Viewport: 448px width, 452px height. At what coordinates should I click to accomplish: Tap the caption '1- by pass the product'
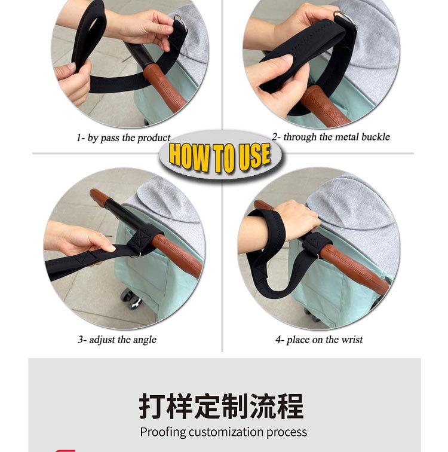point(124,138)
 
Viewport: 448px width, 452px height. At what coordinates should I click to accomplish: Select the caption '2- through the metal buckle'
point(330,137)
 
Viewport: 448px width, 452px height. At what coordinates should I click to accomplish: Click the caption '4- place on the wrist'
point(318,340)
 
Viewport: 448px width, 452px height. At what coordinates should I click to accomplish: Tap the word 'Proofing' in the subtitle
point(162,432)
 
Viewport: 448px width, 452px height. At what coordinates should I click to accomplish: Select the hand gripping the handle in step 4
point(296,216)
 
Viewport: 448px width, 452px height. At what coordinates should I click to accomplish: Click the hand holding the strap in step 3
point(84,240)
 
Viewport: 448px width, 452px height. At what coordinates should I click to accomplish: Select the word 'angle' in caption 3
point(145,340)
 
